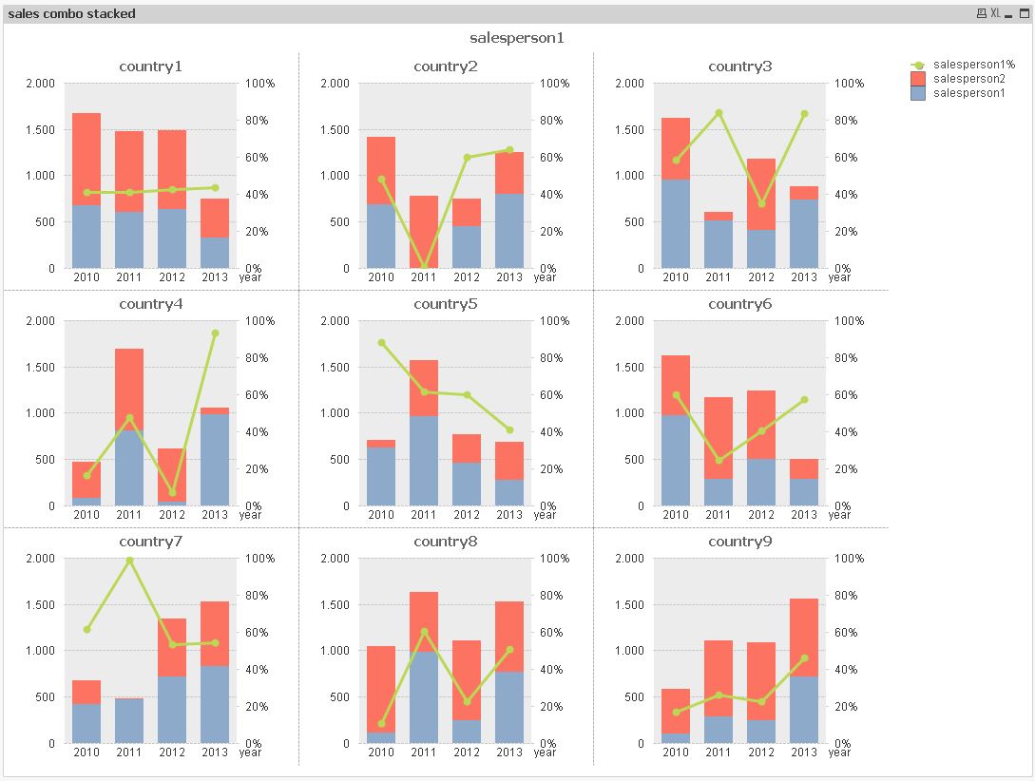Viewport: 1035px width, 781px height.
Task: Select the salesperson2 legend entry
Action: pyautogui.click(x=968, y=78)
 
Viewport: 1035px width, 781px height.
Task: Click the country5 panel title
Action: pyautogui.click(x=446, y=304)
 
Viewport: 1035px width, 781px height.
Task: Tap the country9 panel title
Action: pyautogui.click(x=740, y=542)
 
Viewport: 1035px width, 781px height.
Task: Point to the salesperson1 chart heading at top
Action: pyautogui.click(x=517, y=38)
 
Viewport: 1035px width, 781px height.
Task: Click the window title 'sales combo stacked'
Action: pyautogui.click(x=72, y=13)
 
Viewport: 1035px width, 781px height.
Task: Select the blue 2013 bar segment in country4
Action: pyautogui.click(x=215, y=460)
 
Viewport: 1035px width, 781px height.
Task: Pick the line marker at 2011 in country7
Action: pyautogui.click(x=129, y=561)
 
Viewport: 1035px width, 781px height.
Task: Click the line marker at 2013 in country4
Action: pyautogui.click(x=215, y=333)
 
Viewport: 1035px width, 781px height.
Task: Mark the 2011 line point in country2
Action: pyautogui.click(x=424, y=267)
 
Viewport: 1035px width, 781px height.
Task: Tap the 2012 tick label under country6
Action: pyautogui.click(x=761, y=515)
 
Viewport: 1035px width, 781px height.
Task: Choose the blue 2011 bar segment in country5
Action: pyautogui.click(x=424, y=461)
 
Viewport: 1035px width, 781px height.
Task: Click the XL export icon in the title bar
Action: pyautogui.click(x=995, y=13)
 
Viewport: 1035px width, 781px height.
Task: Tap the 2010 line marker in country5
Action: pyautogui.click(x=381, y=343)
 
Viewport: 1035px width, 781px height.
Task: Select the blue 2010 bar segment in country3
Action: pyautogui.click(x=676, y=223)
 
